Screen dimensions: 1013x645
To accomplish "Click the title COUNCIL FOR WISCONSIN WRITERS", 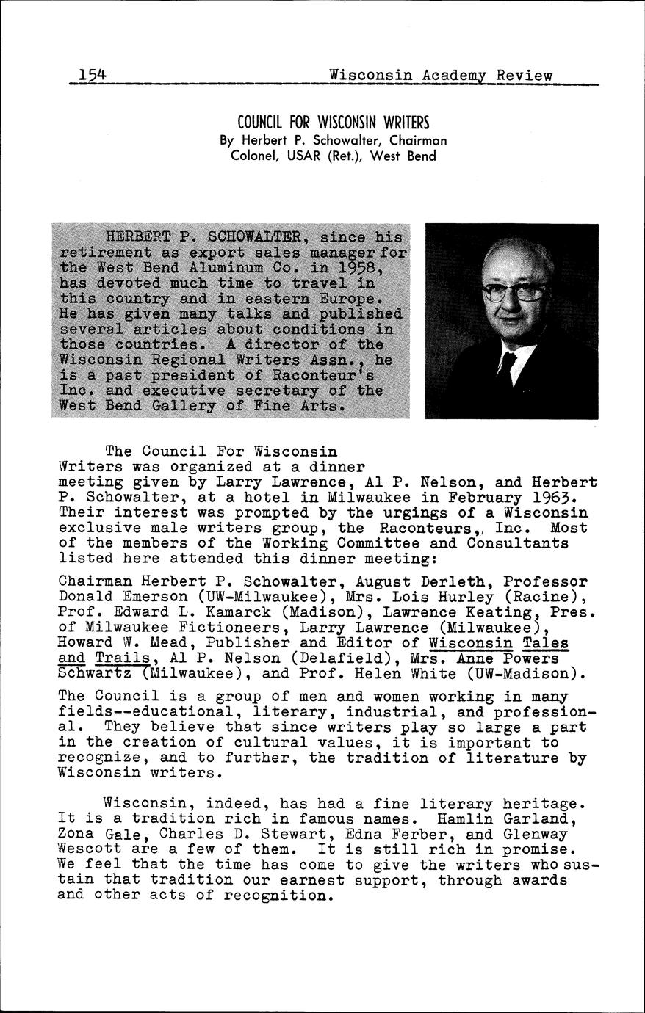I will coord(333,122).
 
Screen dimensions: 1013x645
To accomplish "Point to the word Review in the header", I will coord(524,75).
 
